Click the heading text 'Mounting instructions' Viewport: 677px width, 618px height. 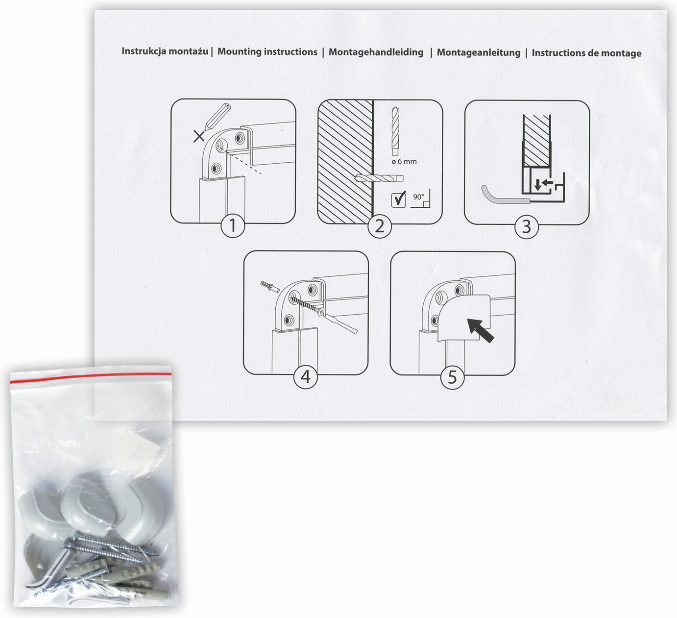pyautogui.click(x=267, y=51)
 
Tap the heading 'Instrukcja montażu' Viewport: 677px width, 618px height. pyautogui.click(x=165, y=51)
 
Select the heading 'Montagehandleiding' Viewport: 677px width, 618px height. pyautogui.click(x=376, y=52)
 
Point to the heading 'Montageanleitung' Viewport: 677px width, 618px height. pyautogui.click(x=479, y=52)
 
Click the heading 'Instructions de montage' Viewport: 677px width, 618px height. pyautogui.click(x=586, y=53)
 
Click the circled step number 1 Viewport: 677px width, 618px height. pyautogui.click(x=233, y=225)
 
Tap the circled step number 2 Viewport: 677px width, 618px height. pyautogui.click(x=380, y=226)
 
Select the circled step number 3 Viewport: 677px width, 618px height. pyautogui.click(x=527, y=226)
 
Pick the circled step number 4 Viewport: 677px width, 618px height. pyautogui.click(x=306, y=376)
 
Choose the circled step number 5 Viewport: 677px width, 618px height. pyautogui.click(x=453, y=377)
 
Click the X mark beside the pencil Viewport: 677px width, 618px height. pyautogui.click(x=199, y=136)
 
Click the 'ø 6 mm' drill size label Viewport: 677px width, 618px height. pyautogui.click(x=404, y=162)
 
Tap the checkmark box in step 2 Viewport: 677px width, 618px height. pyautogui.click(x=399, y=199)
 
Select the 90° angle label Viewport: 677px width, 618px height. pyautogui.click(x=418, y=197)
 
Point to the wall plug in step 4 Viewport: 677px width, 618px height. pyautogui.click(x=270, y=287)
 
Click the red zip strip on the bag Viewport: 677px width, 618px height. pyautogui.click(x=91, y=377)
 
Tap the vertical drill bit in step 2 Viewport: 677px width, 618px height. pyautogui.click(x=395, y=131)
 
